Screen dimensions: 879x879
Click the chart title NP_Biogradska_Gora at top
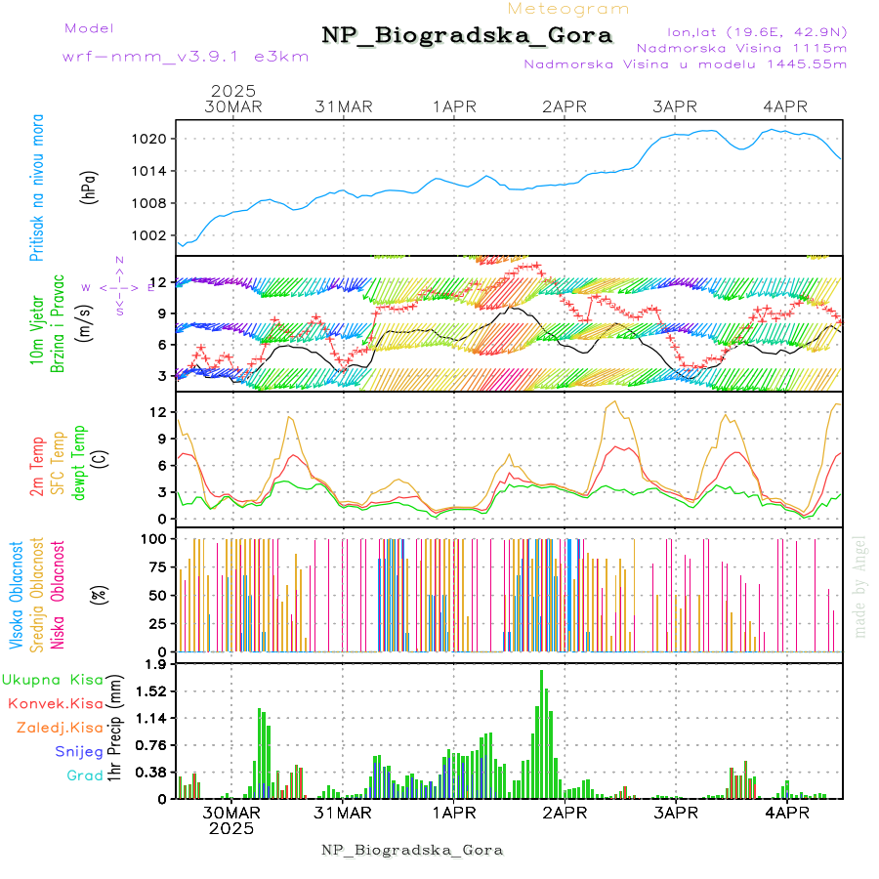[x=467, y=36]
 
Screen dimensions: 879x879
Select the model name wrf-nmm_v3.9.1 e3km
[x=186, y=56]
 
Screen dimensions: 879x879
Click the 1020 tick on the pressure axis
[x=150, y=139]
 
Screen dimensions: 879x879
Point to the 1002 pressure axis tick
[x=150, y=235]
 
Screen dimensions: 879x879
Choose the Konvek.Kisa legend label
[x=56, y=703]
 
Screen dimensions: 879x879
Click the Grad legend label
[x=84, y=775]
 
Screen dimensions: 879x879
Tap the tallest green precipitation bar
[x=541, y=732]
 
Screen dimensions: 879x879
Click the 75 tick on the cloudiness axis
[x=153, y=565]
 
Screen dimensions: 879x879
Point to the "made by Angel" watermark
[x=859, y=586]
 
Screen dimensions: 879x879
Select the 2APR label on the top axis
[x=564, y=106]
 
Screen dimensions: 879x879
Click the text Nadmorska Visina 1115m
[x=741, y=47]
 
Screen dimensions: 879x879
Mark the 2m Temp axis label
[x=37, y=468]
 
